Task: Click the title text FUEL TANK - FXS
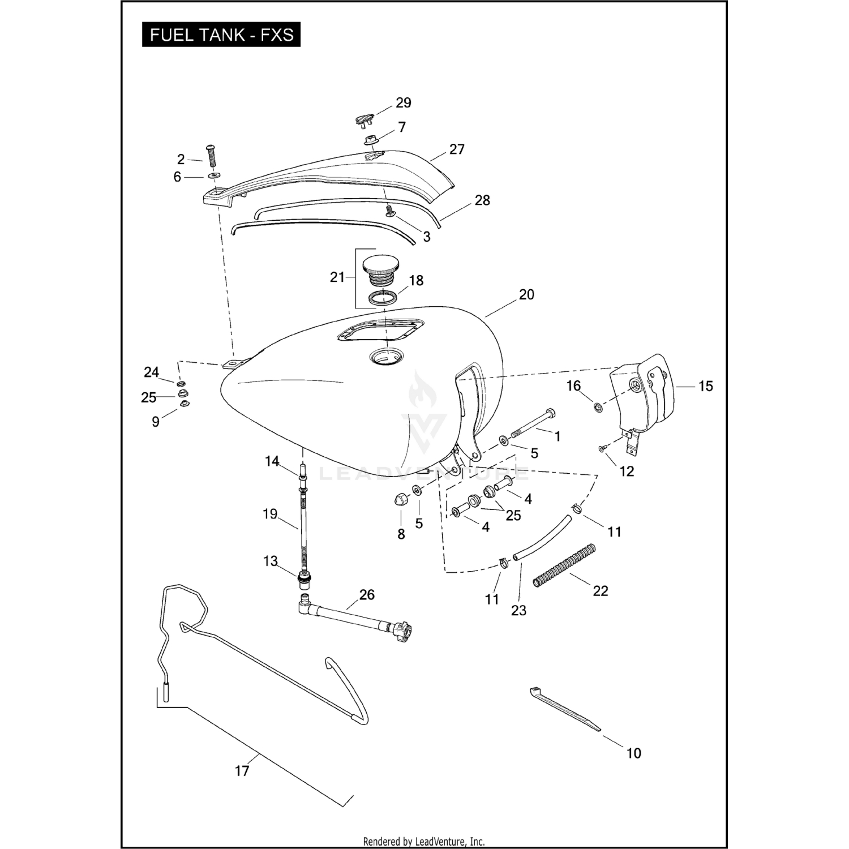(221, 35)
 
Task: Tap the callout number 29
(403, 103)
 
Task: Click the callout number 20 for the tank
(526, 295)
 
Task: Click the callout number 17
(242, 771)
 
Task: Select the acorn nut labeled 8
(400, 500)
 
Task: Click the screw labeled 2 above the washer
(213, 155)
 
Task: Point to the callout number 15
(705, 386)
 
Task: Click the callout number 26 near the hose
(367, 595)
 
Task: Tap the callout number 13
(271, 561)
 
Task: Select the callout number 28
(482, 200)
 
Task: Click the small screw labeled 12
(602, 449)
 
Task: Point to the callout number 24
(151, 372)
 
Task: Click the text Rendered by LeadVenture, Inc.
(423, 841)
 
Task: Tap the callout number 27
(457, 149)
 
